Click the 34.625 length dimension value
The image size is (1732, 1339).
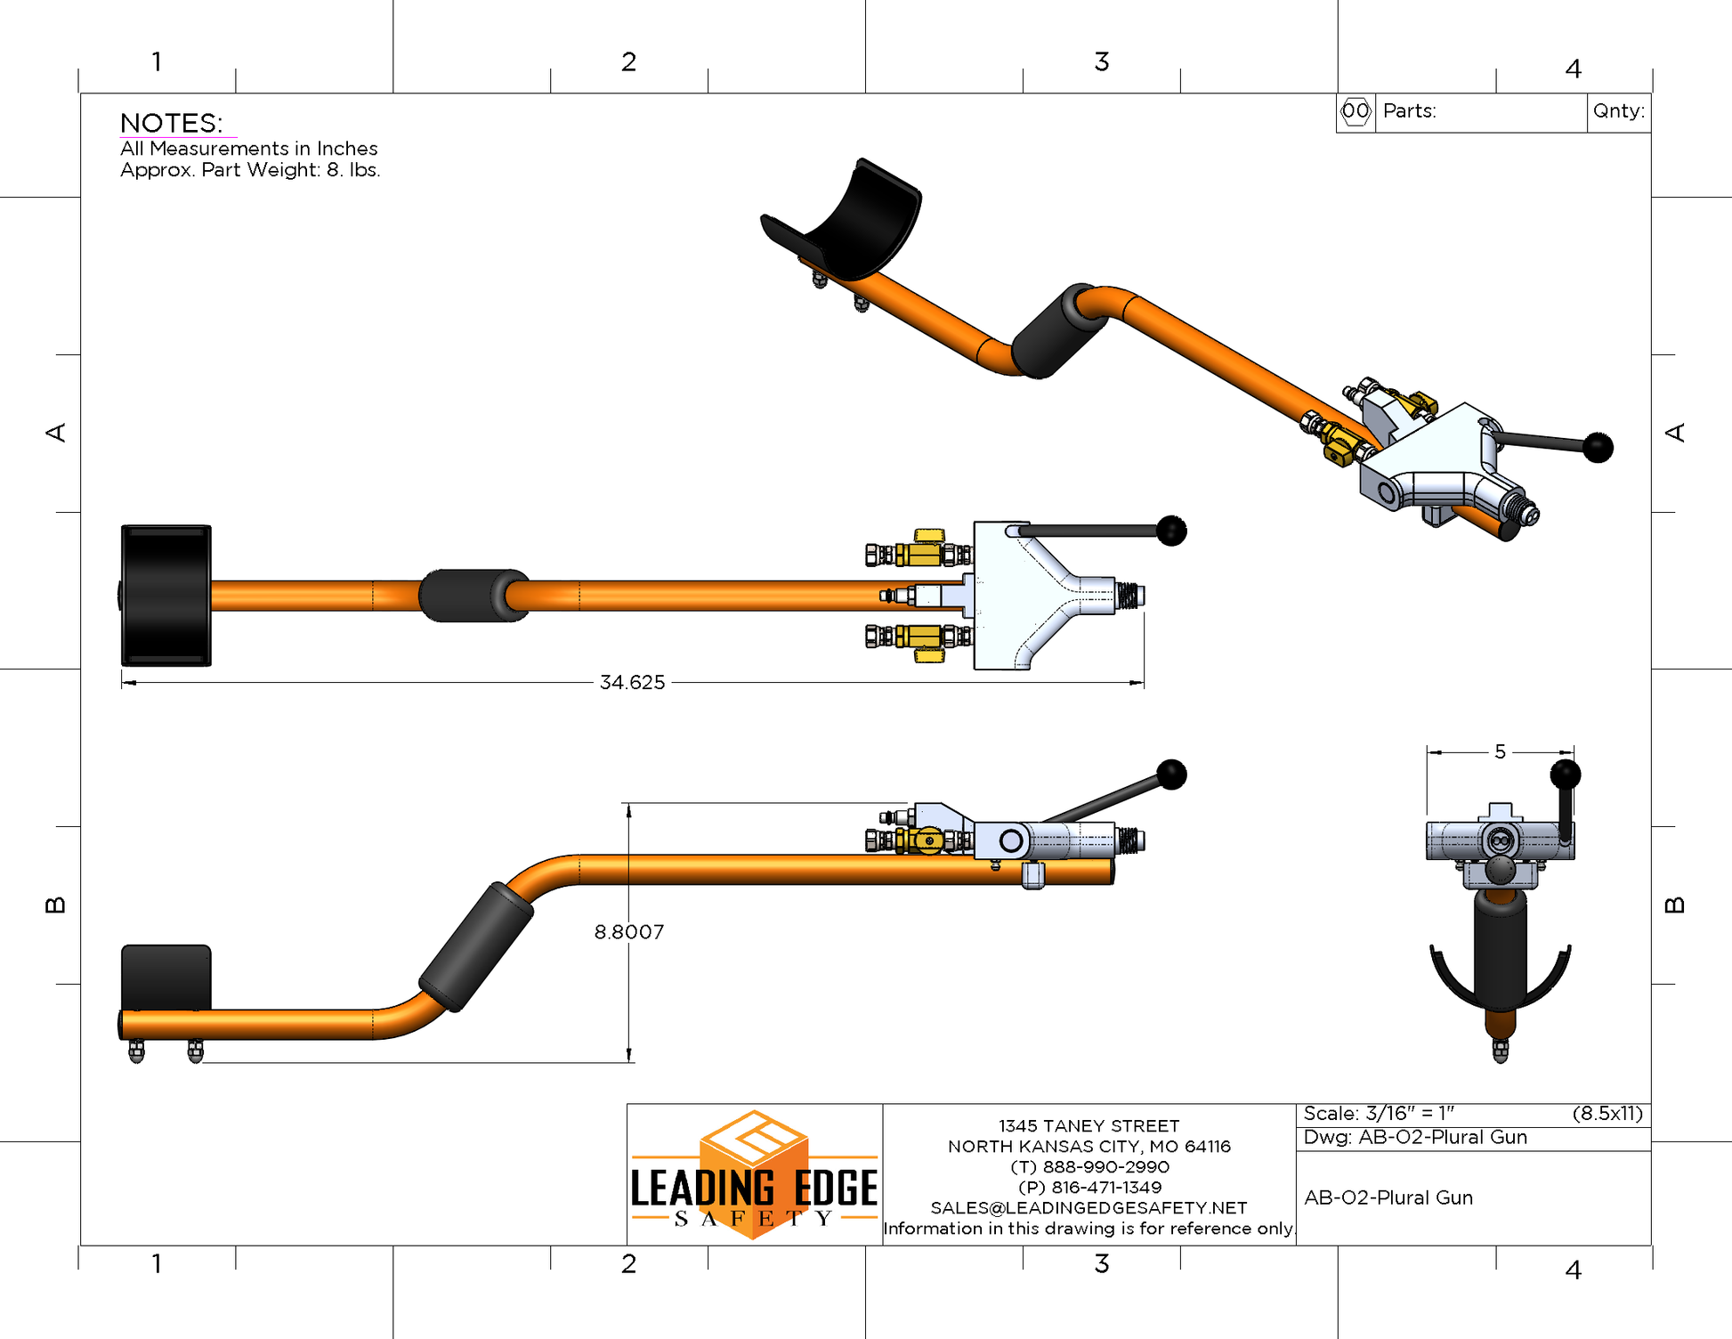point(632,683)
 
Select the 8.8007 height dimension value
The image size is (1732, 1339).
point(628,932)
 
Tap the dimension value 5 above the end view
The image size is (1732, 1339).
point(1500,752)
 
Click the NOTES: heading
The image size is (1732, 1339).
point(172,123)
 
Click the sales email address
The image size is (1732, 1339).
point(1089,1208)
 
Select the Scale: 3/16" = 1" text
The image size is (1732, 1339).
point(1379,1114)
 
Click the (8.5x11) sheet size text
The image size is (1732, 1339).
point(1607,1114)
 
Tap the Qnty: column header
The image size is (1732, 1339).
point(1619,111)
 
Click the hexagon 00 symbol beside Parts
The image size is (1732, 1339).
point(1356,111)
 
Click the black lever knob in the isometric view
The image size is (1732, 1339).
point(1598,447)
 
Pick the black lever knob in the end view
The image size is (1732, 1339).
point(1565,774)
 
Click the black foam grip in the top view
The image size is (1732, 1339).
point(472,596)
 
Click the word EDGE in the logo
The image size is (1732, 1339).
point(835,1189)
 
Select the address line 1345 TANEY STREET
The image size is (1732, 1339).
point(1089,1126)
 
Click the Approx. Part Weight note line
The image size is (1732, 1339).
point(250,170)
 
